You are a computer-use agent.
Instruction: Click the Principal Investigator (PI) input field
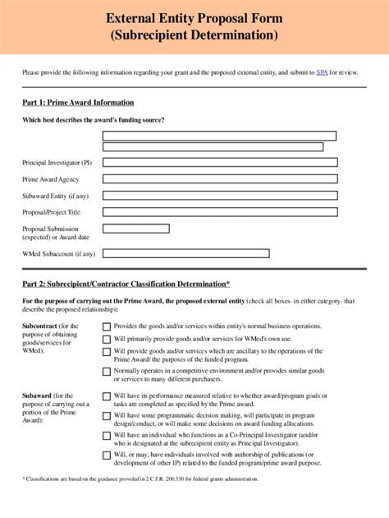click(x=219, y=163)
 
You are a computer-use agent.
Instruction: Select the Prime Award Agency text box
click(x=219, y=179)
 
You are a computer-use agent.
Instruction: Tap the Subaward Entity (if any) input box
click(x=219, y=196)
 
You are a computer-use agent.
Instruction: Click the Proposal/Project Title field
click(x=219, y=212)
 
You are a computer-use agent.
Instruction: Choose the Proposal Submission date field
click(x=136, y=229)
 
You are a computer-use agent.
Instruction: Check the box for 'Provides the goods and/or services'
click(x=107, y=326)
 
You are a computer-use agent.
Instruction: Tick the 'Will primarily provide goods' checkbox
click(x=107, y=339)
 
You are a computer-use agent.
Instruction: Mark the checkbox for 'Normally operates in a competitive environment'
click(x=107, y=372)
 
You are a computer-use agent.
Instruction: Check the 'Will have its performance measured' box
click(x=107, y=396)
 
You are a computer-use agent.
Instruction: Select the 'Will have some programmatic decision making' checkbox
click(x=107, y=416)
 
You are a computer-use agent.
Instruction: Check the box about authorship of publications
click(x=107, y=455)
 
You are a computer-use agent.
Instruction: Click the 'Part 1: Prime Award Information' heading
click(x=78, y=103)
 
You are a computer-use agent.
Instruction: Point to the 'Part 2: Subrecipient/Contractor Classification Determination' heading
click(x=126, y=284)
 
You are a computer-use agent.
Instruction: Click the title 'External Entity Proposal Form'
click(x=194, y=18)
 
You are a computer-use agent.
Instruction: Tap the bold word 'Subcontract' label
click(x=40, y=326)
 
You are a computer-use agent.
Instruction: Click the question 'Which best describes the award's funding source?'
click(x=93, y=121)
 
